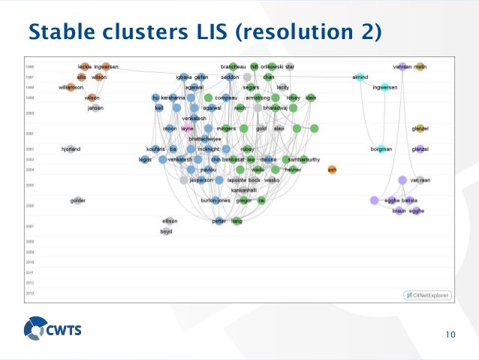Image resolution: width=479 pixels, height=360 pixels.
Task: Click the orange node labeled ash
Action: (x=332, y=169)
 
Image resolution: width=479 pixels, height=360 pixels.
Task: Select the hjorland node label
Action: (x=71, y=149)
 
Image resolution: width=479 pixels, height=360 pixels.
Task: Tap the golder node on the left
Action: (x=77, y=201)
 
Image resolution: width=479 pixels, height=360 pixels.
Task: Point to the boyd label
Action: (x=167, y=231)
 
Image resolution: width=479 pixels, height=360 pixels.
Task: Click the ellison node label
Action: (x=170, y=221)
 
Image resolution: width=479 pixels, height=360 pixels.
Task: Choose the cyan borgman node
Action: (x=381, y=149)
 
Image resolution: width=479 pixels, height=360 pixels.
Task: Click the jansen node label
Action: (x=95, y=107)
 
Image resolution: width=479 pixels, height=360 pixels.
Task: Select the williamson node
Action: (x=71, y=87)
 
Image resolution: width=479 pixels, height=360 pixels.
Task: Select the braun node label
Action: (x=399, y=211)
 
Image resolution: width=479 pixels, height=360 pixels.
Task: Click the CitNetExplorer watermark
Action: (x=426, y=295)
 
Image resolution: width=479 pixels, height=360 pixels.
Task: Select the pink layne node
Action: (x=188, y=129)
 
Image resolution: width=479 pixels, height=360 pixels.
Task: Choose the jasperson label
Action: (x=201, y=180)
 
